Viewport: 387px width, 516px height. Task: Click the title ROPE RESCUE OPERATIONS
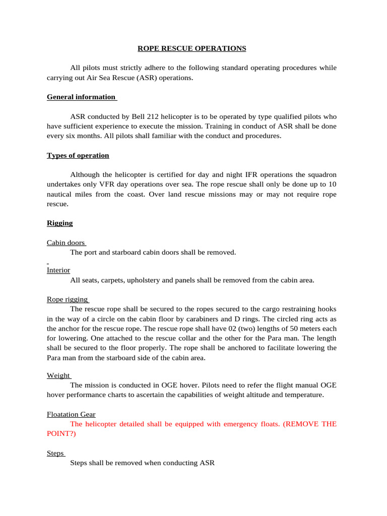click(x=192, y=49)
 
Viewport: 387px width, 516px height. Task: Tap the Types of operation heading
click(x=78, y=155)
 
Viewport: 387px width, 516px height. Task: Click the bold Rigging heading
click(x=60, y=223)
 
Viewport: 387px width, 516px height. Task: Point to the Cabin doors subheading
click(x=66, y=242)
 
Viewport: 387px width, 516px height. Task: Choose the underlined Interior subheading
click(x=58, y=270)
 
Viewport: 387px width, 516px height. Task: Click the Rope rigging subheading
click(x=67, y=299)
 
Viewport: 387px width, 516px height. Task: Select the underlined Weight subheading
click(x=58, y=375)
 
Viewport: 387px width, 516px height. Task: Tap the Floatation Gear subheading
click(x=71, y=414)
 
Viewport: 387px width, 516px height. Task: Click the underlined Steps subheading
click(x=55, y=453)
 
